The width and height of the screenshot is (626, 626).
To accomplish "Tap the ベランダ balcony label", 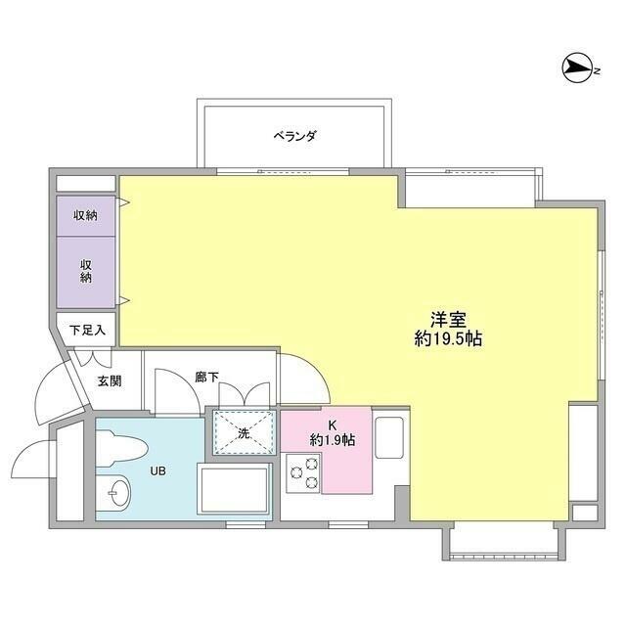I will pyautogui.click(x=294, y=136).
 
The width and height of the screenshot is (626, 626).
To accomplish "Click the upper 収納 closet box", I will pyautogui.click(x=86, y=215).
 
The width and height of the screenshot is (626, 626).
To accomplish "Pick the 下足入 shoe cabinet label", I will pyautogui.click(x=86, y=331).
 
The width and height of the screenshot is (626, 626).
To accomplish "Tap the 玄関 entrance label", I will pyautogui.click(x=109, y=380).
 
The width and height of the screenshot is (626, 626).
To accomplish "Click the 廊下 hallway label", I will pyautogui.click(x=205, y=376).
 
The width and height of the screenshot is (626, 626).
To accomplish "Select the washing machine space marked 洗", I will pyautogui.click(x=243, y=432).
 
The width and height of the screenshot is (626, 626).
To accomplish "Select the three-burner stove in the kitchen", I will pyautogui.click(x=304, y=474).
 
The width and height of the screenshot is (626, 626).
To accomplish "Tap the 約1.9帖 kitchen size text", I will pyautogui.click(x=333, y=440).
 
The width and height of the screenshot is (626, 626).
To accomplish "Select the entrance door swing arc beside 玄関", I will pyautogui.click(x=57, y=391).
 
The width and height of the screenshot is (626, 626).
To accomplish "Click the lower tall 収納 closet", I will pyautogui.click(x=86, y=271).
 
